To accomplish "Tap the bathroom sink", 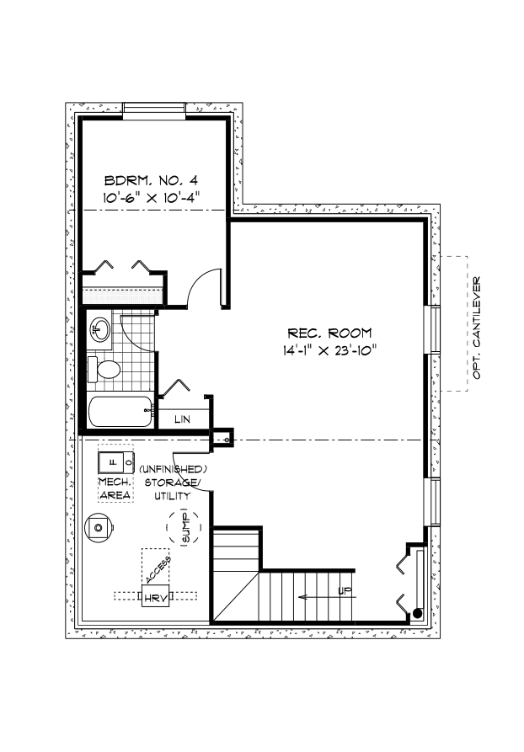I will (x=100, y=328).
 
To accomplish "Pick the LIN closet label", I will (x=181, y=419).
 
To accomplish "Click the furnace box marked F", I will (x=115, y=462).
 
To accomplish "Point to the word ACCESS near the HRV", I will (x=158, y=568).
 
